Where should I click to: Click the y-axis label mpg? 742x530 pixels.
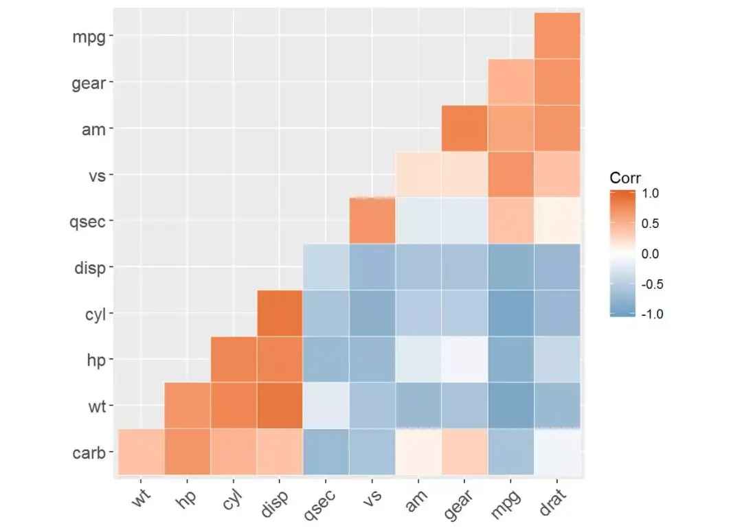pos(89,36)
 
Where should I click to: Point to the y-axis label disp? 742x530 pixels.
pos(89,267)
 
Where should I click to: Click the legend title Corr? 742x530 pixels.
pos(625,178)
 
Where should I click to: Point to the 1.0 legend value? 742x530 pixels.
pos(650,194)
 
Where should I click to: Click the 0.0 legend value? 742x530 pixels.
pos(650,254)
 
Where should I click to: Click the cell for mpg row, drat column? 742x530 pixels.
pos(557,36)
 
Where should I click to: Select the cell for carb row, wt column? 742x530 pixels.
pos(141,452)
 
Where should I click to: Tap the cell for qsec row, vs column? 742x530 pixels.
pos(372,221)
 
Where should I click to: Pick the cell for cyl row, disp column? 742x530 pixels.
pos(280,314)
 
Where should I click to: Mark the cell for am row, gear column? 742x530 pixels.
pos(464,128)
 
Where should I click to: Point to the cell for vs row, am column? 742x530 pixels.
pos(418,174)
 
